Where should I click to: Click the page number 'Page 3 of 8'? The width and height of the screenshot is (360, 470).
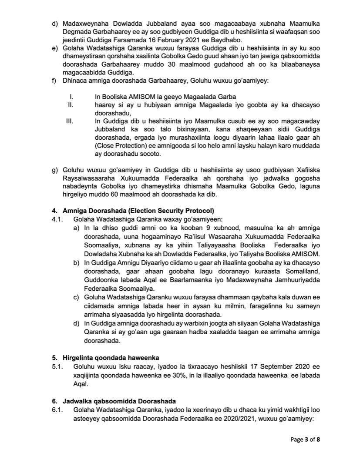[x=305, y=440]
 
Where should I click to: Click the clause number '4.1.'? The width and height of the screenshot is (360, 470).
[x=57, y=219]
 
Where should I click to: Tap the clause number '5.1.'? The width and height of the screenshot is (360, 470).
[x=57, y=366]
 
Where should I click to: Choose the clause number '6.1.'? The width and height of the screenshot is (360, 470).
[x=57, y=410]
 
